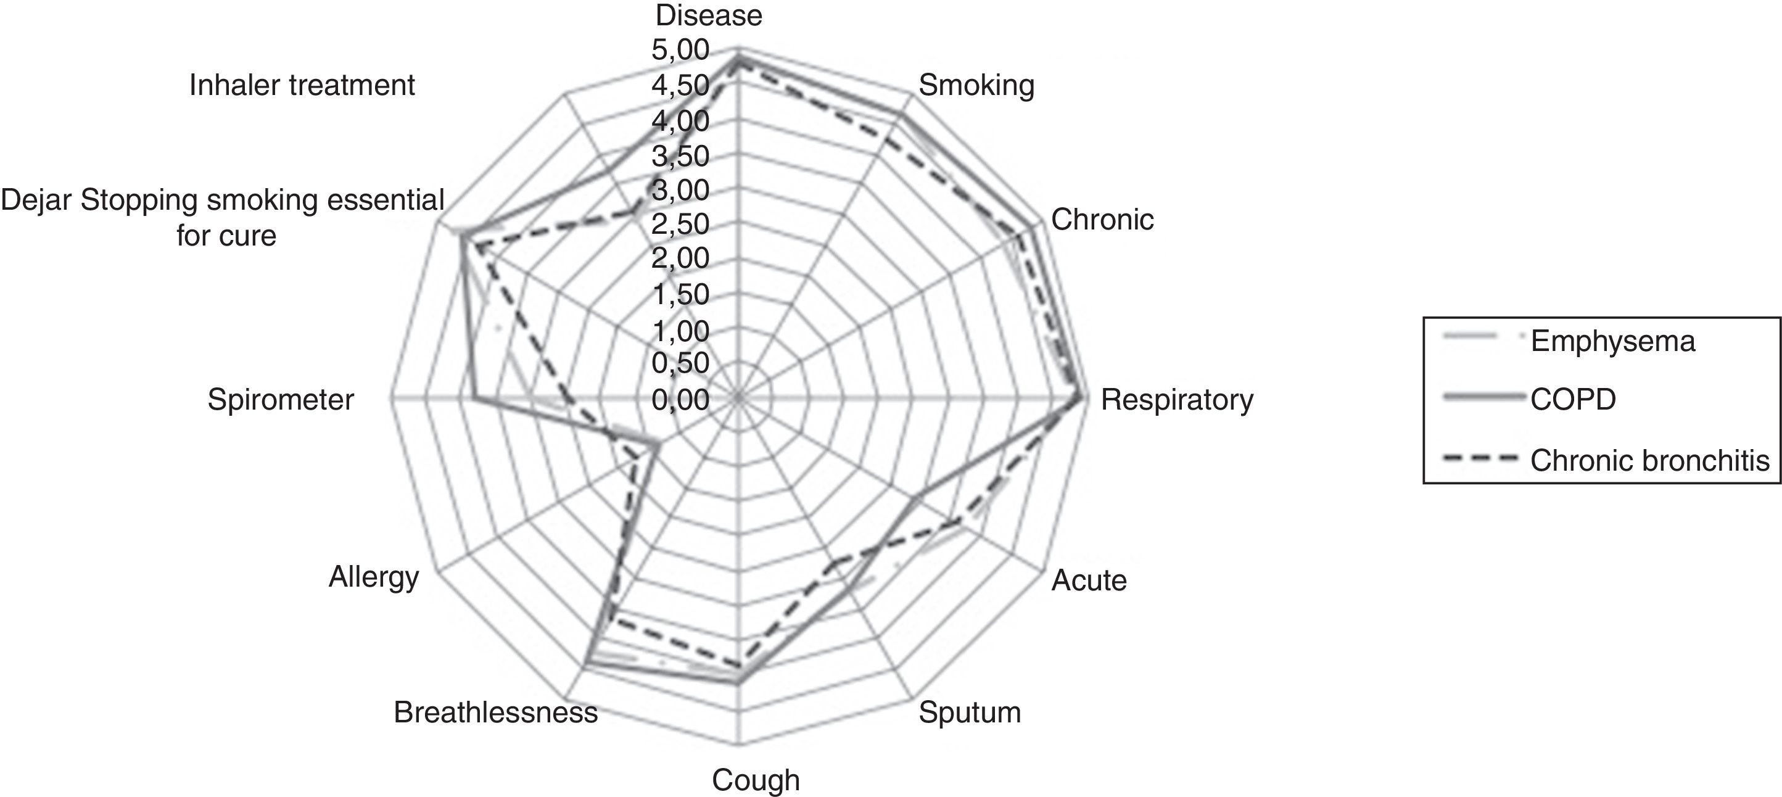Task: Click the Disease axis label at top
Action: (x=709, y=15)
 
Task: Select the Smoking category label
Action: (x=976, y=86)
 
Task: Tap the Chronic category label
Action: (x=1102, y=220)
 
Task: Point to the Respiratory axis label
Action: (x=1177, y=400)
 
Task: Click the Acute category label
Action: (x=1089, y=580)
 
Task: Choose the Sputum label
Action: (x=969, y=712)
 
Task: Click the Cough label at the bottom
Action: (x=756, y=780)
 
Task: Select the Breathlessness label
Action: (x=495, y=712)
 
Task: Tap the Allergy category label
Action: (x=374, y=577)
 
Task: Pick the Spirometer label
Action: (x=281, y=400)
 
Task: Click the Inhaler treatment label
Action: (x=302, y=86)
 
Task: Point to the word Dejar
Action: (x=38, y=200)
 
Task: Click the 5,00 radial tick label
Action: (x=680, y=50)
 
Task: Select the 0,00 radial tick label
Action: (x=680, y=400)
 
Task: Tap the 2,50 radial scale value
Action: (x=680, y=224)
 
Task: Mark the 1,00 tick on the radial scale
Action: (x=680, y=331)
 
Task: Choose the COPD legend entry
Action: (x=1573, y=400)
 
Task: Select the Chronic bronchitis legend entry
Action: (x=1649, y=460)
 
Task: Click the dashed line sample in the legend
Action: (x=1480, y=459)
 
